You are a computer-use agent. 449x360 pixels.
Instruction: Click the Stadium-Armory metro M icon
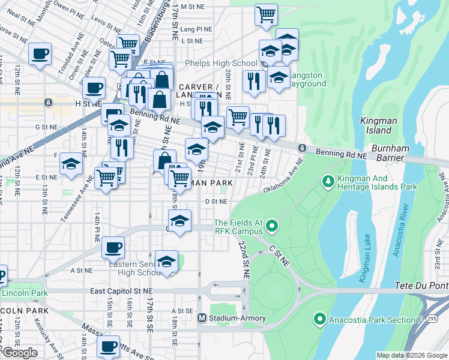point(202,317)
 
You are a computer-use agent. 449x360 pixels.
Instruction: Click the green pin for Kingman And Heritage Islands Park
point(328,180)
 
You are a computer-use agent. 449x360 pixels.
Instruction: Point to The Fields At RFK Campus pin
point(272,226)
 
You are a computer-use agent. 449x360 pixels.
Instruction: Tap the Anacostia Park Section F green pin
point(320,319)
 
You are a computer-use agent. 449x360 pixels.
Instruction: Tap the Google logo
point(20,352)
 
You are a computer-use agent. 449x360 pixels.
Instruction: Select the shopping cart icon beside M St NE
point(266,14)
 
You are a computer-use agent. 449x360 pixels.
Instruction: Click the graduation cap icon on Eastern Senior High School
point(166,261)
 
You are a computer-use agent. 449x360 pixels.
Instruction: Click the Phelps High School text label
point(221,63)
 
